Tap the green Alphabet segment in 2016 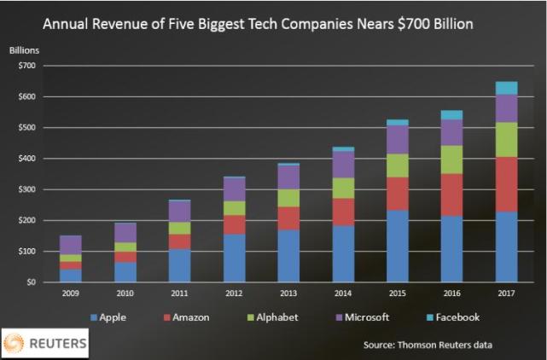click(x=451, y=159)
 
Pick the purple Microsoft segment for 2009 click(x=71, y=245)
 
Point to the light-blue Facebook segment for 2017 click(x=506, y=87)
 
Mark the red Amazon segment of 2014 click(x=342, y=212)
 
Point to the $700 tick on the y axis click(x=29, y=66)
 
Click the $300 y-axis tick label click(x=29, y=189)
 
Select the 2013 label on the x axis click(x=288, y=293)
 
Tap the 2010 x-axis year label click(x=125, y=293)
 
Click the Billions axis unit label click(x=24, y=50)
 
